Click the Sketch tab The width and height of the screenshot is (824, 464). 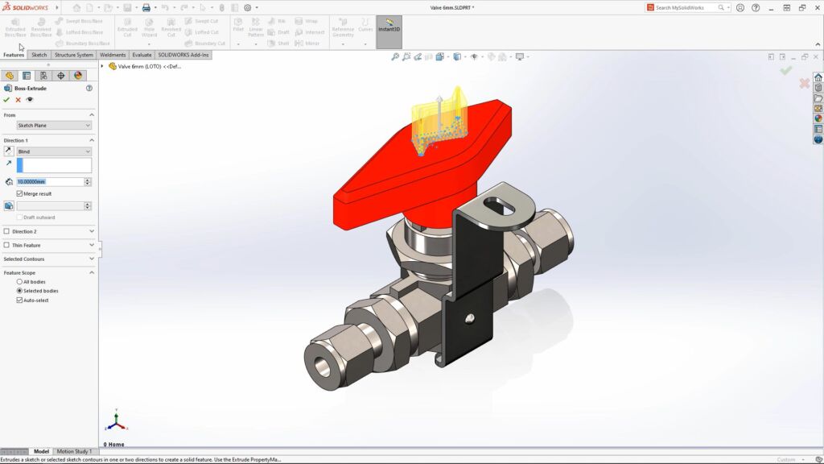pyautogui.click(x=39, y=55)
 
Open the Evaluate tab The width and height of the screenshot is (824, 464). pyautogui.click(x=142, y=55)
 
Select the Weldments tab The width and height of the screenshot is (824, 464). pyautogui.click(x=113, y=55)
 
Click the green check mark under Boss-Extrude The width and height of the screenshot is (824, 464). pyautogui.click(x=6, y=100)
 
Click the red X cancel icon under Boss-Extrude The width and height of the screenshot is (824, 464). pyautogui.click(x=18, y=100)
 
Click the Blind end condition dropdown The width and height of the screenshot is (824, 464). pyautogui.click(x=54, y=151)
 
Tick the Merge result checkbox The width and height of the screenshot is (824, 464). pyautogui.click(x=20, y=193)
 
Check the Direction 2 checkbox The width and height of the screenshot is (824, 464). pyautogui.click(x=7, y=231)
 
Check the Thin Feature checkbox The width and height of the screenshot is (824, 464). pyautogui.click(x=7, y=245)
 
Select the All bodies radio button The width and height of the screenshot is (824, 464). pyautogui.click(x=19, y=282)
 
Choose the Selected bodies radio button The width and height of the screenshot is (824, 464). pyautogui.click(x=19, y=291)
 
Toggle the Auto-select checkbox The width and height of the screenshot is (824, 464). pyautogui.click(x=20, y=300)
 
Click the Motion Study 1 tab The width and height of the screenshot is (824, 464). pyautogui.click(x=74, y=452)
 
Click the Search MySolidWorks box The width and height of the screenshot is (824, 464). pyautogui.click(x=685, y=7)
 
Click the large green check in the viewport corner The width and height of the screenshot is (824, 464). pyautogui.click(x=785, y=71)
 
